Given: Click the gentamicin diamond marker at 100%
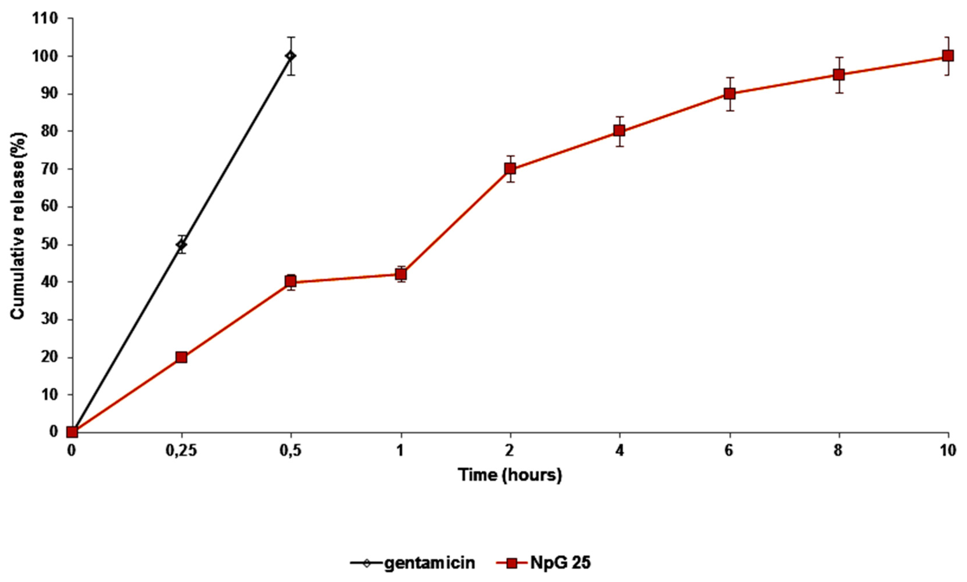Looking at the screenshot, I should [x=291, y=56].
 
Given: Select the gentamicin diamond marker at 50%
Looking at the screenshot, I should [x=181, y=245].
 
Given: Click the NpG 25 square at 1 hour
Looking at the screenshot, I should [x=401, y=274].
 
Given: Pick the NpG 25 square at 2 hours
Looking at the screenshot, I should [x=510, y=169].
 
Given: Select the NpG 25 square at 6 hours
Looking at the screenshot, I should [x=730, y=93].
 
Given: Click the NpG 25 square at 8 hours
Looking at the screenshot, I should [x=839, y=74].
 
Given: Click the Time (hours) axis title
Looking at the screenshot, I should [x=510, y=475].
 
